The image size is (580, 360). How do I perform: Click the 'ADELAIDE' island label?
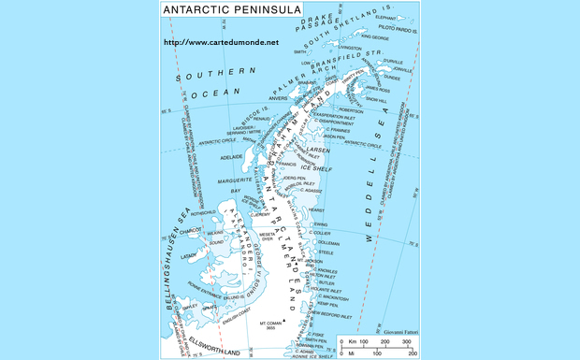click(x=231, y=156)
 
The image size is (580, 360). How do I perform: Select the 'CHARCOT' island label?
click(x=190, y=228)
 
